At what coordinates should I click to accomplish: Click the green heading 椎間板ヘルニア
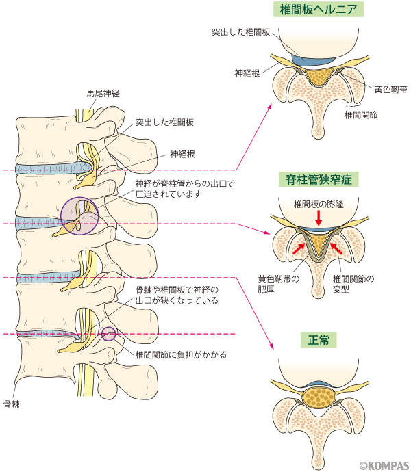[x=318, y=10]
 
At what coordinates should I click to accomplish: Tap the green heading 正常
[x=319, y=339]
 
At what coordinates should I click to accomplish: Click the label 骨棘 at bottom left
[x=12, y=404]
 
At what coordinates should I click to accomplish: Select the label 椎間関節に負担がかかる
[x=181, y=355]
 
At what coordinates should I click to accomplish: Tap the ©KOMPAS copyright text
[x=384, y=464]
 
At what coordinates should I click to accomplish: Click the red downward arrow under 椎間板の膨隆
[x=318, y=217]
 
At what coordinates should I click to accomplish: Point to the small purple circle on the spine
[x=108, y=334]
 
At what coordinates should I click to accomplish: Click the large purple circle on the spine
[x=79, y=216]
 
